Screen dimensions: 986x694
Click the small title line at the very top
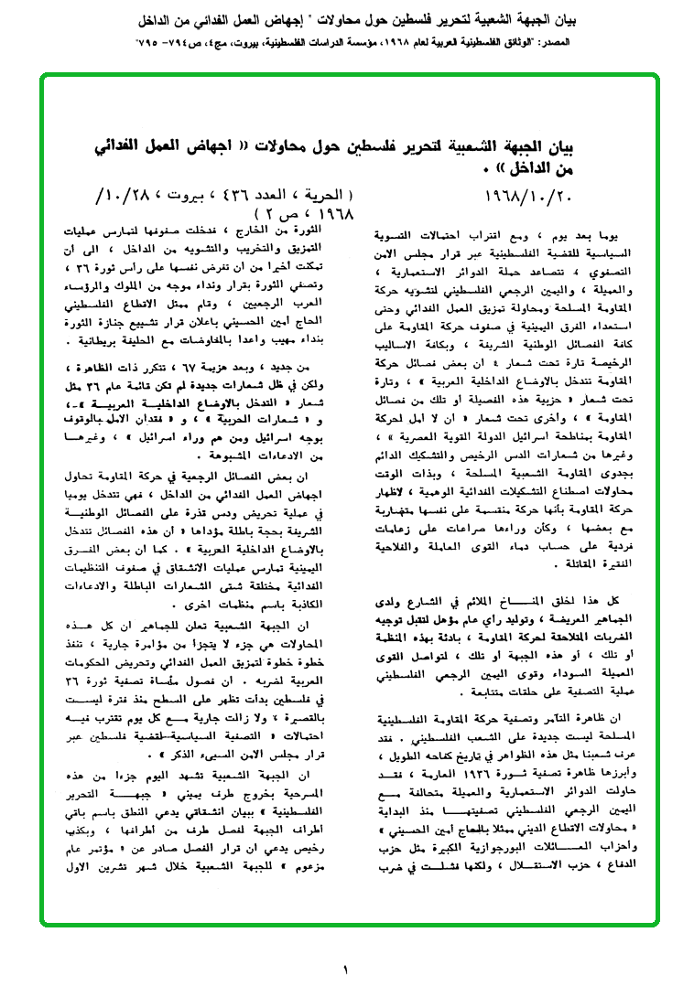347,18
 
